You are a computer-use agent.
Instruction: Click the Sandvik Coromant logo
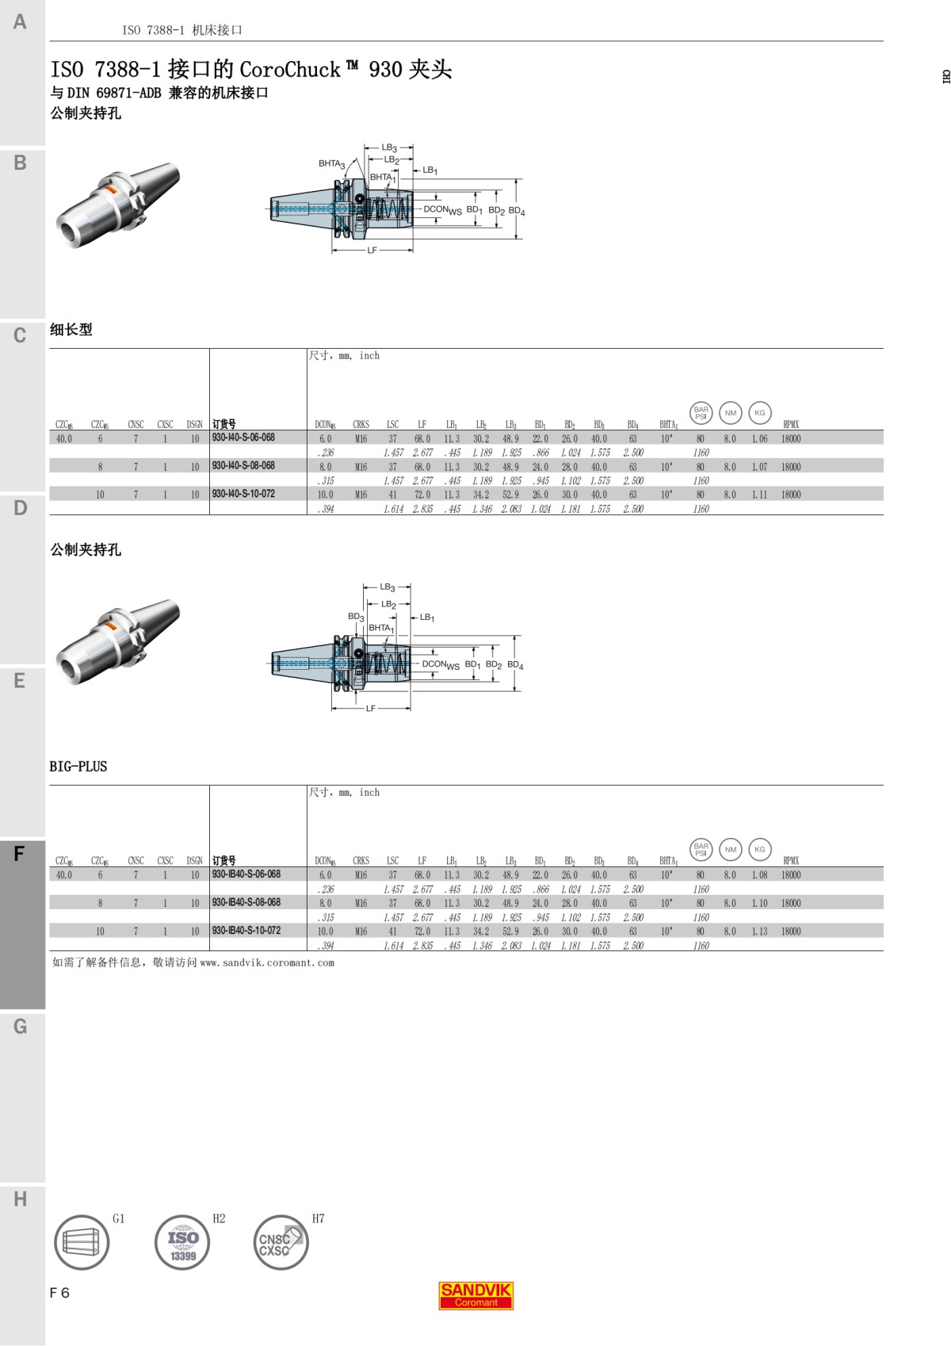(476, 1295)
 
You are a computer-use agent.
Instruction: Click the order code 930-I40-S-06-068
(243, 438)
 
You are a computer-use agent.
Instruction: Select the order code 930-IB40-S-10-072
(246, 931)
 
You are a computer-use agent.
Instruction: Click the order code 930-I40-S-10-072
(243, 494)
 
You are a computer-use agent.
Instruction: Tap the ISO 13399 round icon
(182, 1242)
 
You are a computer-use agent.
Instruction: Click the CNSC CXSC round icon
(281, 1242)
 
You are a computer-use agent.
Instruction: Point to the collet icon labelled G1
(82, 1242)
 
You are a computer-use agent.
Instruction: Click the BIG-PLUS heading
(78, 767)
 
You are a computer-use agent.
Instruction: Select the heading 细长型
(71, 330)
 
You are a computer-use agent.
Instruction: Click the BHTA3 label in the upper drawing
(331, 164)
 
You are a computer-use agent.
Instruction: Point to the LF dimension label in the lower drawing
(370, 708)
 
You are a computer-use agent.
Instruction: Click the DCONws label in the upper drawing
(441, 210)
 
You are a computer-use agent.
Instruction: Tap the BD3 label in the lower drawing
(356, 617)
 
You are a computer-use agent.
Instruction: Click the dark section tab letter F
(20, 854)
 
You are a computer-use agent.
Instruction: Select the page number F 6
(59, 1293)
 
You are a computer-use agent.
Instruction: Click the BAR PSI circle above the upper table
(701, 413)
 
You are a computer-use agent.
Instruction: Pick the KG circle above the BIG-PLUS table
(759, 849)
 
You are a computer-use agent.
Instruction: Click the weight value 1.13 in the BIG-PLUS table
(759, 931)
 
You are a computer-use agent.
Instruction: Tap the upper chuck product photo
(117, 205)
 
